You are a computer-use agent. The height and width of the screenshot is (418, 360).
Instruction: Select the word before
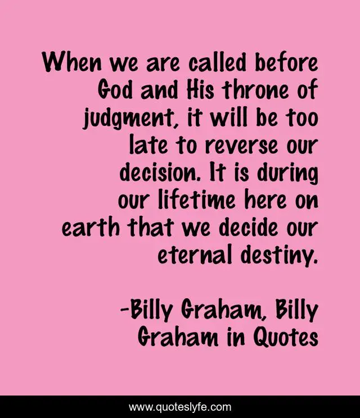point(287,61)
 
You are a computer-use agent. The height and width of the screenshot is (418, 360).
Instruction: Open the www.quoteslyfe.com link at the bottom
point(180,407)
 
